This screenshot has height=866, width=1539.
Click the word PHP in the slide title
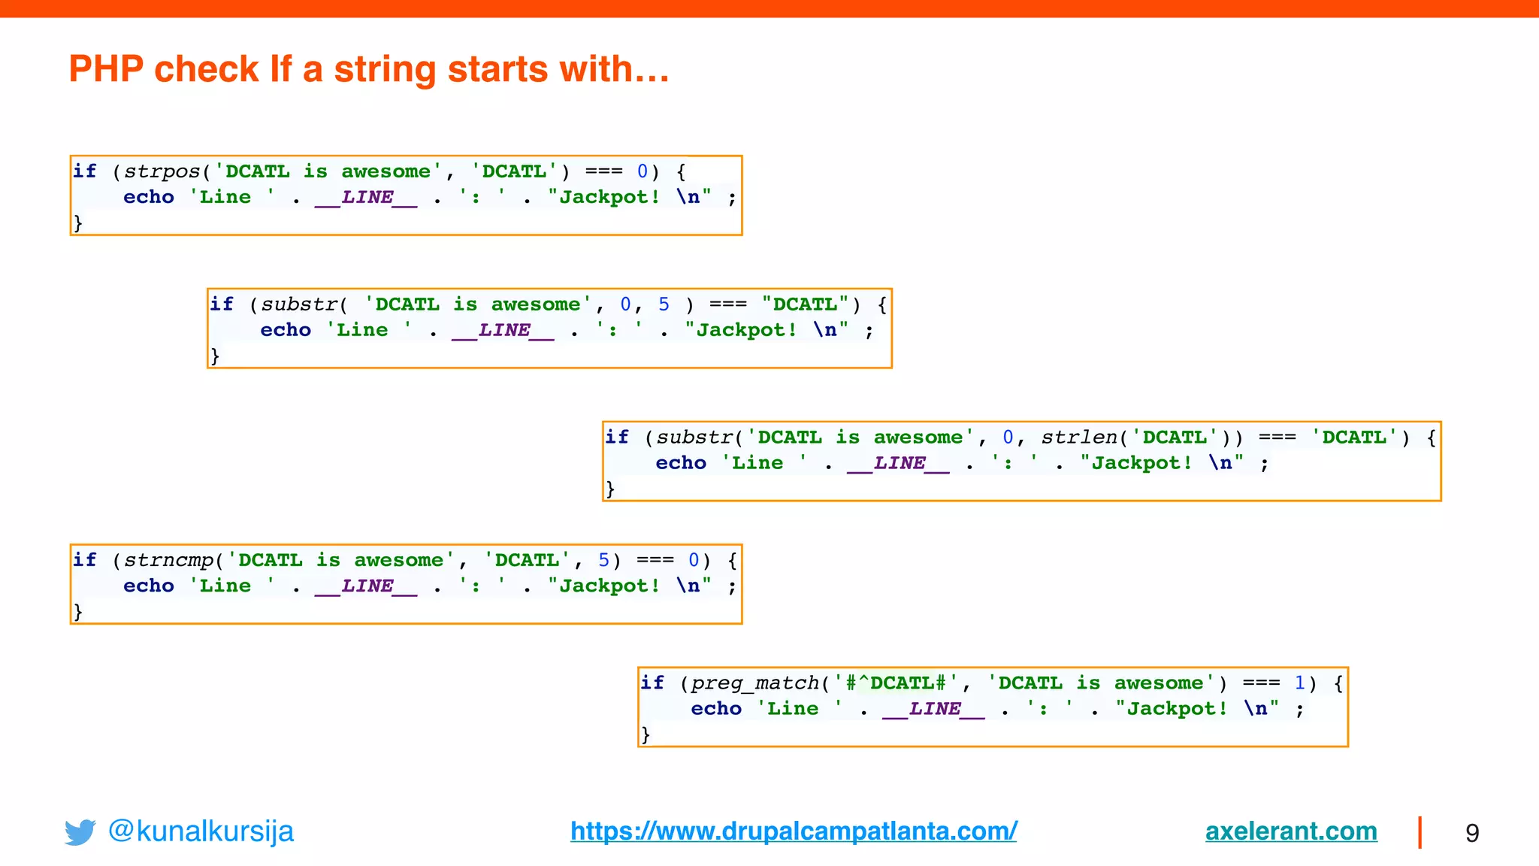106,69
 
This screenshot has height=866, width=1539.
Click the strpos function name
162,171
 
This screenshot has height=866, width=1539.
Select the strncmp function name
168,560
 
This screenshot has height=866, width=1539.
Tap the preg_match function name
754,683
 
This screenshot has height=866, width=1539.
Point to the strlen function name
1079,438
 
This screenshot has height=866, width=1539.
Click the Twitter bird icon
80,831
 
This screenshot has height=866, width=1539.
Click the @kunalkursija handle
201,831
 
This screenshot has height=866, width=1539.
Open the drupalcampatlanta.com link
794,831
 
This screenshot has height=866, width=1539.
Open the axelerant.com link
1291,831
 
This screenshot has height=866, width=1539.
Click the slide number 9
1472,833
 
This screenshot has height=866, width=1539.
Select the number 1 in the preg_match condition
1299,683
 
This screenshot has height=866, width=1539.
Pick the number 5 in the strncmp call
603,560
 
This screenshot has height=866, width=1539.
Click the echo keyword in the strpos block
148,197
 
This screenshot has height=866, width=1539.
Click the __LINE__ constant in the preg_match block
933,709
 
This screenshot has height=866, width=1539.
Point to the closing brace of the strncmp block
77,610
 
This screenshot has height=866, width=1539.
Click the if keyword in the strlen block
616,438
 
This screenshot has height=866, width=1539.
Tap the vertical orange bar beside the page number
1420,832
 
